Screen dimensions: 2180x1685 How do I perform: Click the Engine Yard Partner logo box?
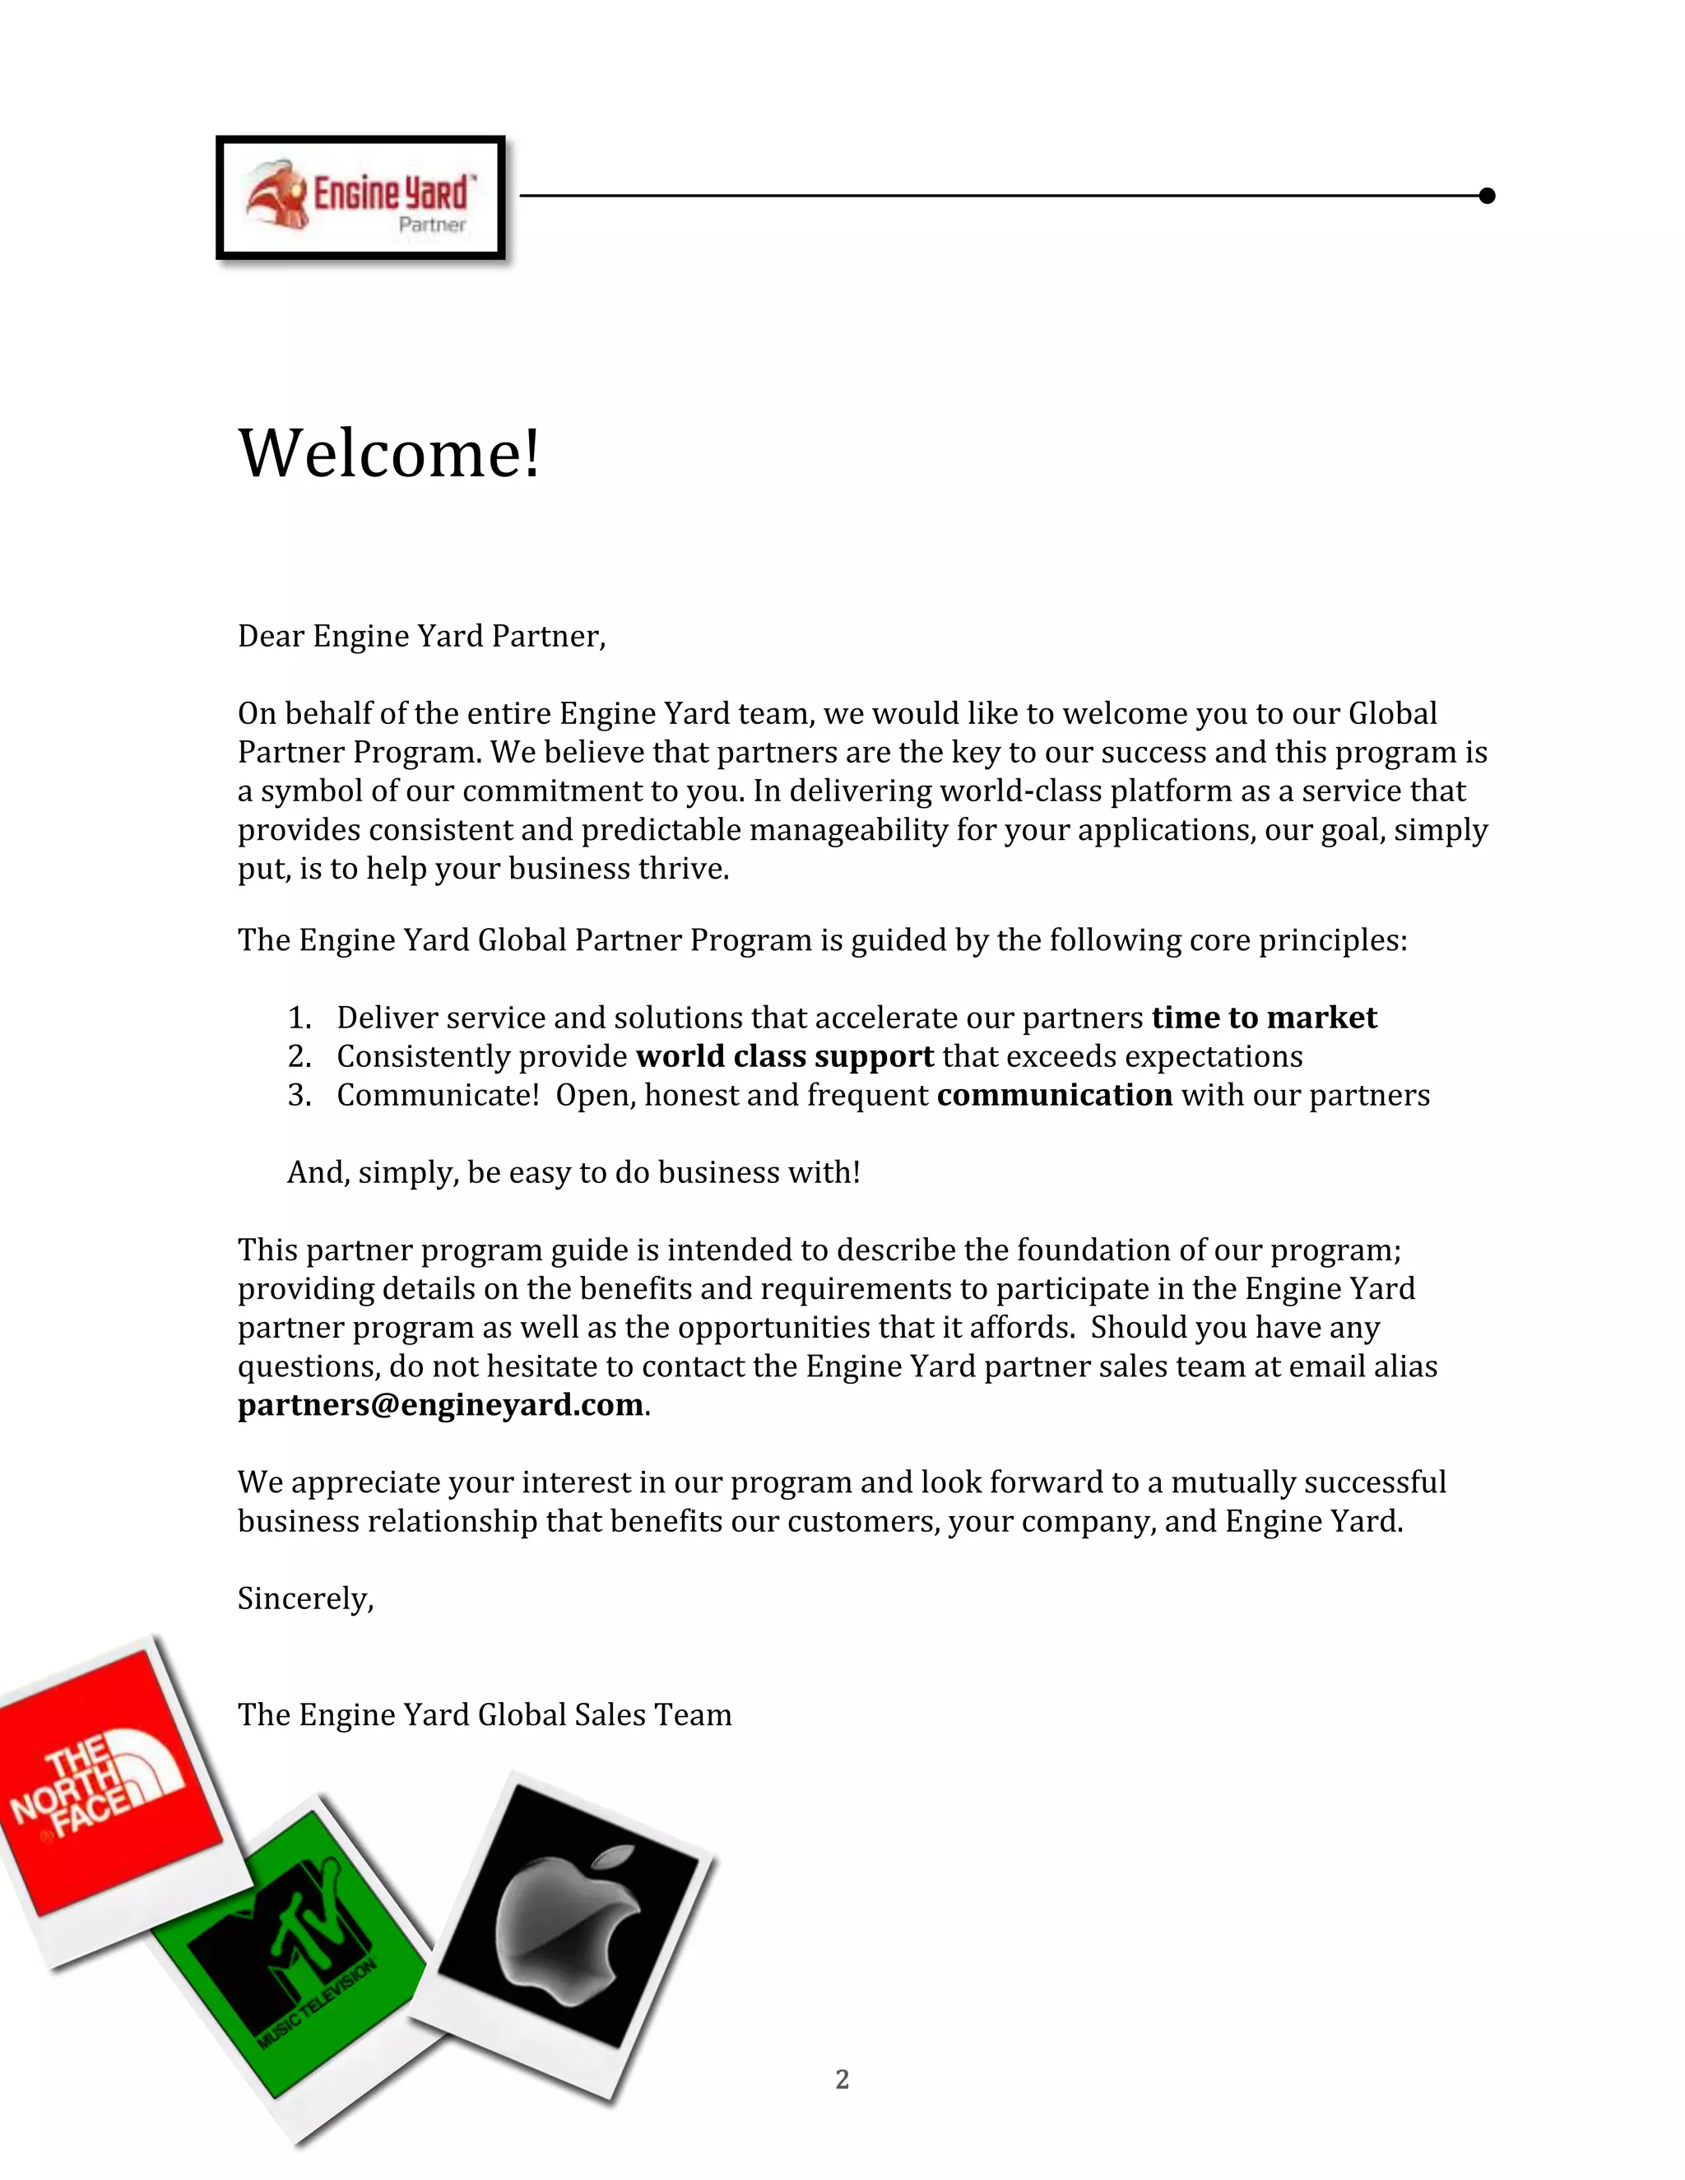[360, 197]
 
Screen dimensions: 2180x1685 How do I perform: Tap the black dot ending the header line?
[1487, 196]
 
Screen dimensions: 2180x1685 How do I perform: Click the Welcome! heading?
[389, 453]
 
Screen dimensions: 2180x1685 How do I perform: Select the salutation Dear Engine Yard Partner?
[421, 636]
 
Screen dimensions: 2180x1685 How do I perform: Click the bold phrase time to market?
[1264, 1017]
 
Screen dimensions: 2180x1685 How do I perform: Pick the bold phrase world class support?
[785, 1056]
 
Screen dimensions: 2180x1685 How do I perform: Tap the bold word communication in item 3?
[1054, 1095]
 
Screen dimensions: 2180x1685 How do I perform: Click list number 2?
[299, 1057]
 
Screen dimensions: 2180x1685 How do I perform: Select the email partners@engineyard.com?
[440, 1404]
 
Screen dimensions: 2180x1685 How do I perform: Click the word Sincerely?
[304, 1598]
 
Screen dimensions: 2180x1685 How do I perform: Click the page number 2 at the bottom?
[842, 2079]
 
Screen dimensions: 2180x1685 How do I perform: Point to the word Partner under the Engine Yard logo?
[431, 225]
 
